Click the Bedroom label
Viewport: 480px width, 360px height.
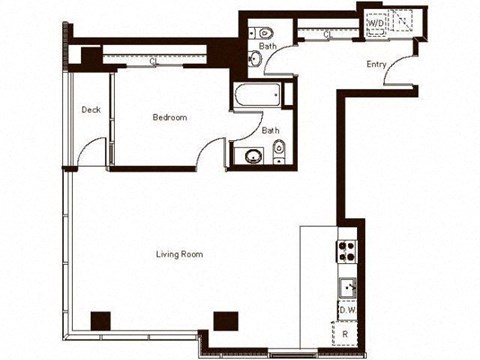tap(169, 118)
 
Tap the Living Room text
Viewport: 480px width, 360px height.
tap(179, 254)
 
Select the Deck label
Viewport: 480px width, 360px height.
tap(91, 110)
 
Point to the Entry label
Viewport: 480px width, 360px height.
tap(376, 65)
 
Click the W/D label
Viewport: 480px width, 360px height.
tap(377, 21)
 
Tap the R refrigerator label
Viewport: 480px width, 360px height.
tap(345, 333)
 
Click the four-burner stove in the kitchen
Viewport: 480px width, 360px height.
tap(347, 249)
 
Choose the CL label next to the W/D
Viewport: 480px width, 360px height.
tap(329, 35)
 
